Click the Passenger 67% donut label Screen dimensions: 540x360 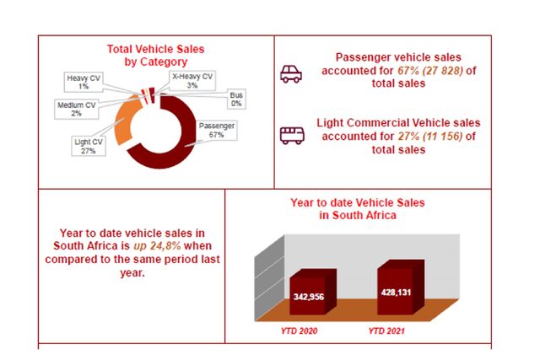click(x=217, y=131)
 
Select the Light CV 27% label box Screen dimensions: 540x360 click(x=89, y=146)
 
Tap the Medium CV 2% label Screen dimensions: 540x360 click(x=77, y=109)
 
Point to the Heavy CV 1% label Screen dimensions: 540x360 click(x=84, y=83)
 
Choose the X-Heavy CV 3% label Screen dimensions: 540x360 click(x=192, y=81)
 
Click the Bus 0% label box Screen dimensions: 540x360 click(x=236, y=99)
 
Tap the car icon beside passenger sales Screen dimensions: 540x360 click(x=291, y=74)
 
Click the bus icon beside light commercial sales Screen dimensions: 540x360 click(x=292, y=136)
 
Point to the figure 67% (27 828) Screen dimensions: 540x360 click(x=430, y=71)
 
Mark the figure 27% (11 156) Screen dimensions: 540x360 click(x=430, y=137)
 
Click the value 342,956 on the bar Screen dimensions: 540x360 click(x=309, y=297)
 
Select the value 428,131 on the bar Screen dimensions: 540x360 click(x=396, y=293)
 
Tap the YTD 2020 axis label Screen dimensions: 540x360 click(x=299, y=331)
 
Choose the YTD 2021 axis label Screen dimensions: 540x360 click(x=386, y=331)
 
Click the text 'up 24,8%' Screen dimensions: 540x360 click(x=157, y=246)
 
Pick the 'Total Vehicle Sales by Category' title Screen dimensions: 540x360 click(x=155, y=56)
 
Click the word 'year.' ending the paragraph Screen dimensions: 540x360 click(x=132, y=273)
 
